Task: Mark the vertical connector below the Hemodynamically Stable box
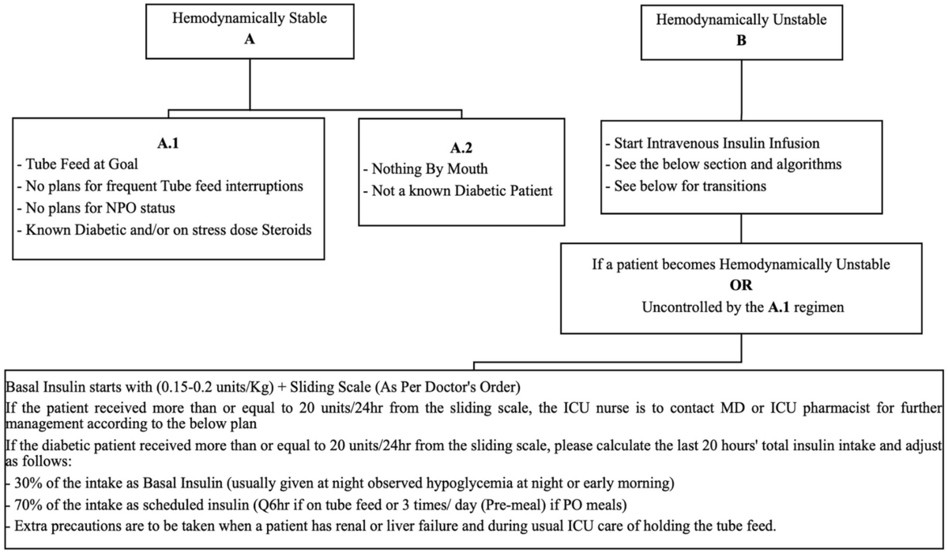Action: point(250,83)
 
